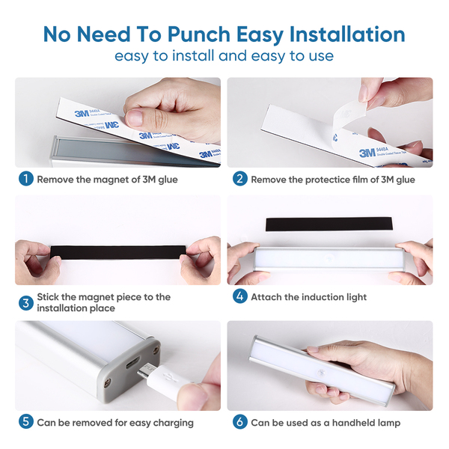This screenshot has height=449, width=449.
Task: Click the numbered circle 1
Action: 26,179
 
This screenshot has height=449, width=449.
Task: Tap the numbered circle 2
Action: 240,179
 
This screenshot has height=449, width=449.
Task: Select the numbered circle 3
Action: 26,303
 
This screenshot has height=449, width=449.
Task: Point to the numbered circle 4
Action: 240,296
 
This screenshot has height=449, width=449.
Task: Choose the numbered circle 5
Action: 26,422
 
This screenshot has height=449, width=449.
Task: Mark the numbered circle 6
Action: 240,422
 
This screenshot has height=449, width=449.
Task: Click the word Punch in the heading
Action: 199,34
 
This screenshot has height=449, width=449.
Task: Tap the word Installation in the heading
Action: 347,34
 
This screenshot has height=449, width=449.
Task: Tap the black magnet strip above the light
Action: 329,224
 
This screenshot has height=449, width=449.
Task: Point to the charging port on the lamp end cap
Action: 132,364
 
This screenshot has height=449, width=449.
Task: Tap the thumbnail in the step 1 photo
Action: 134,117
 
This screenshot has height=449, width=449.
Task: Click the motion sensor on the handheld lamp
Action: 320,373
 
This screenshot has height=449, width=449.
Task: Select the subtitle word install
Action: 193,55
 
